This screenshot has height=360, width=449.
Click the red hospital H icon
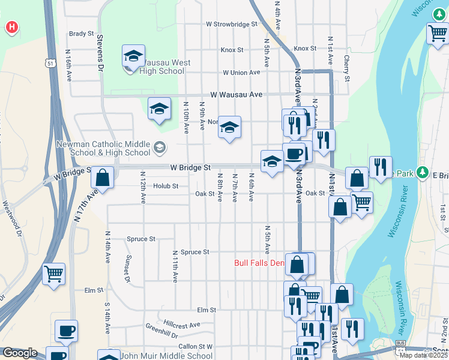pos(11,27)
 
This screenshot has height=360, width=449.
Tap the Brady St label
pos(82,34)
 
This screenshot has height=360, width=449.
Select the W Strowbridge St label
pos(231,25)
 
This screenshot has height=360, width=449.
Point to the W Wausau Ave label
pos(237,95)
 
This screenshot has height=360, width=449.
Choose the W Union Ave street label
pos(241,73)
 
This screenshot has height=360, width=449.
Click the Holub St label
pos(166,186)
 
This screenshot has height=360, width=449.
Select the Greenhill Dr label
pos(161,330)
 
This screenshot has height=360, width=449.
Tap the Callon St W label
pos(195,346)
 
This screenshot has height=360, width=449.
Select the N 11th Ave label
pos(175,267)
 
